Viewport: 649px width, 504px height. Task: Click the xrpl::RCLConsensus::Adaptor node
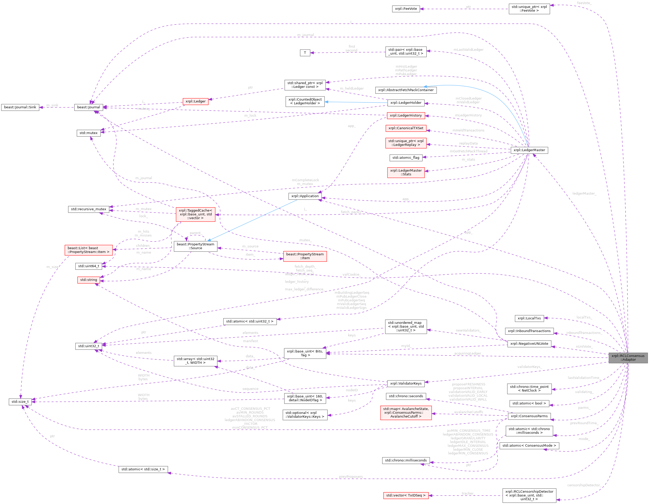click(x=628, y=358)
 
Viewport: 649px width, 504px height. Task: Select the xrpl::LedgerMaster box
click(x=529, y=150)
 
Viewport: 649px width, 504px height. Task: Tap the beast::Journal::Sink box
click(x=20, y=107)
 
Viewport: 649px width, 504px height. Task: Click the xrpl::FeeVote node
click(x=406, y=8)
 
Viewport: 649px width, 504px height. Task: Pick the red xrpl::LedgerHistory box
click(x=406, y=115)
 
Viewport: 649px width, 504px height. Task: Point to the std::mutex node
click(x=88, y=133)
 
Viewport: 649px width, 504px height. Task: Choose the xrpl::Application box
click(x=305, y=196)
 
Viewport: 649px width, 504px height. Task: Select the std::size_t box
click(x=20, y=402)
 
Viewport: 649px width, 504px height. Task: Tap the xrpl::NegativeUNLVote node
click(x=529, y=344)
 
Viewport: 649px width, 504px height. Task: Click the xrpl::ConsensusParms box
click(x=529, y=416)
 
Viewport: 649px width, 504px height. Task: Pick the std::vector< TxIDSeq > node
click(x=406, y=496)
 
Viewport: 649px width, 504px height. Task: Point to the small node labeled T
click(x=305, y=53)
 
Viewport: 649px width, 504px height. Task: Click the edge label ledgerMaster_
click(x=584, y=194)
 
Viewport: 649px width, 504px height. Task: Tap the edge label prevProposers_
click(x=351, y=477)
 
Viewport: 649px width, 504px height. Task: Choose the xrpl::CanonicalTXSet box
click(x=406, y=128)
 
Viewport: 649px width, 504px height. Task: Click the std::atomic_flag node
click(x=406, y=158)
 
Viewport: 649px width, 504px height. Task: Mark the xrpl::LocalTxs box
click(x=529, y=318)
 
